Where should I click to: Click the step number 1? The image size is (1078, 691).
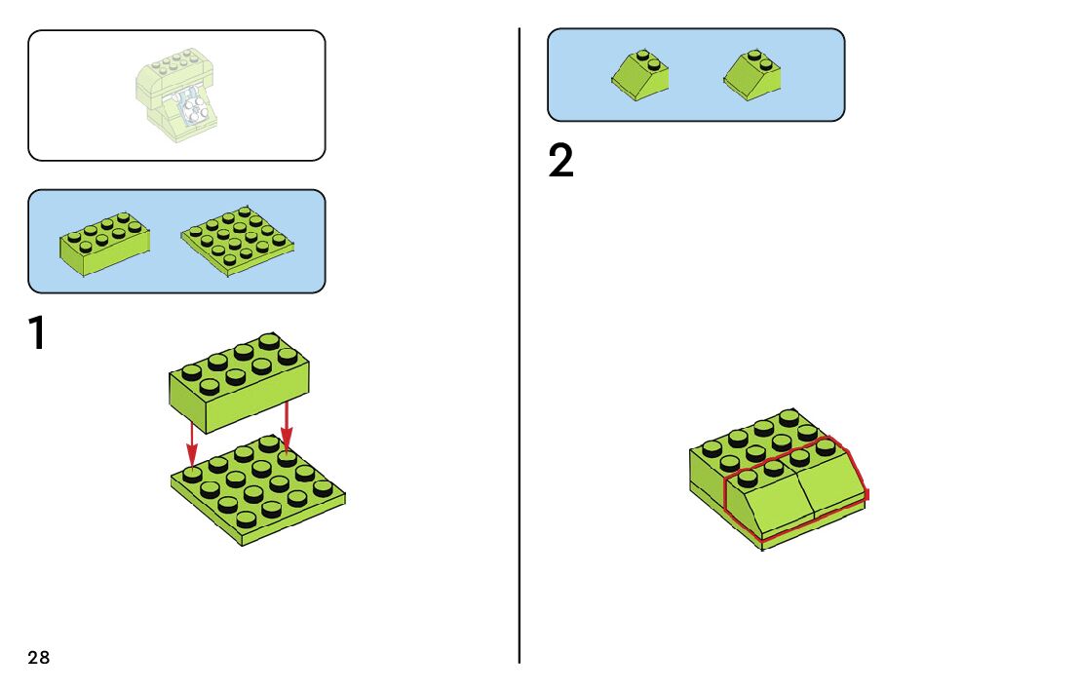point(37,333)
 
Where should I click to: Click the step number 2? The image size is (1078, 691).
point(560,162)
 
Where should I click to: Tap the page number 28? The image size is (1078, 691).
point(38,658)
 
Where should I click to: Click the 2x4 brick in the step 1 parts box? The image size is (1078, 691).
point(105,243)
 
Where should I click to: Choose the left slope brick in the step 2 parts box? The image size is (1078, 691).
point(639,76)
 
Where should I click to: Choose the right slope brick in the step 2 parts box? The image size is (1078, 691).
point(752,75)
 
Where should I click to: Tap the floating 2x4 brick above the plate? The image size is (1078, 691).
point(239,380)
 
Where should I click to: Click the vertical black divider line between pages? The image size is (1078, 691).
point(520,390)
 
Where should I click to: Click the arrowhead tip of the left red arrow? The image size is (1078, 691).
point(192,462)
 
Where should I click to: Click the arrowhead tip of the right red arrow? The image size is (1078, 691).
point(287,449)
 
